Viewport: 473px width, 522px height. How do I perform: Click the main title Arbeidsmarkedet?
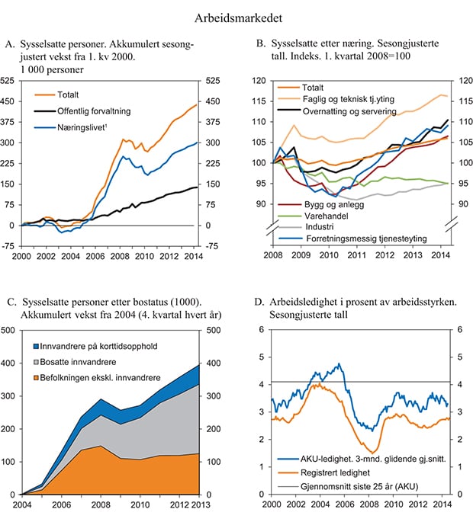[x=236, y=14]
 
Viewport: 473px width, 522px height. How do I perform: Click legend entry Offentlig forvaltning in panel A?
[x=95, y=111]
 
